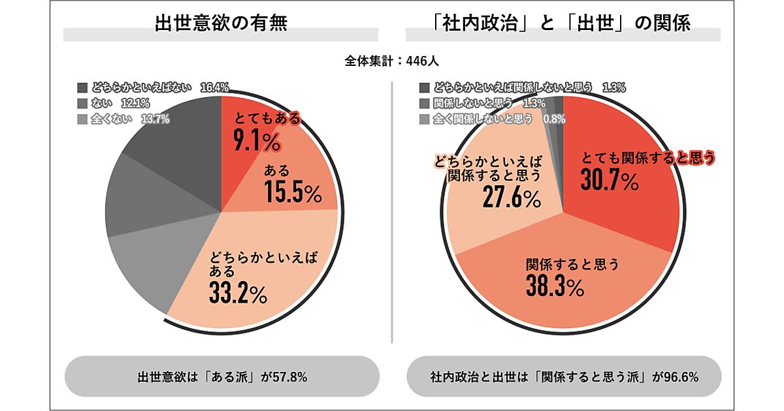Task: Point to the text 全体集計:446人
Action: (391, 61)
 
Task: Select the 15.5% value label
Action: (293, 193)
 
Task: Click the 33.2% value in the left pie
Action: (238, 294)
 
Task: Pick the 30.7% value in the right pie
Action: (609, 182)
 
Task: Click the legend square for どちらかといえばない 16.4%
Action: (82, 87)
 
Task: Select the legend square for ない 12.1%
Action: (82, 103)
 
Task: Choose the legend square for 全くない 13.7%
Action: (82, 119)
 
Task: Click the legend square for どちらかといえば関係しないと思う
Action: (424, 87)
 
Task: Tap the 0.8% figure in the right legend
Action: (554, 119)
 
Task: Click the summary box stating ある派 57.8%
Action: (222, 376)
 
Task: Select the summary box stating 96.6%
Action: (564, 376)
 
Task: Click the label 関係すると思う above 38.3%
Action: (572, 264)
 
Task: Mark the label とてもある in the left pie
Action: (269, 119)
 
